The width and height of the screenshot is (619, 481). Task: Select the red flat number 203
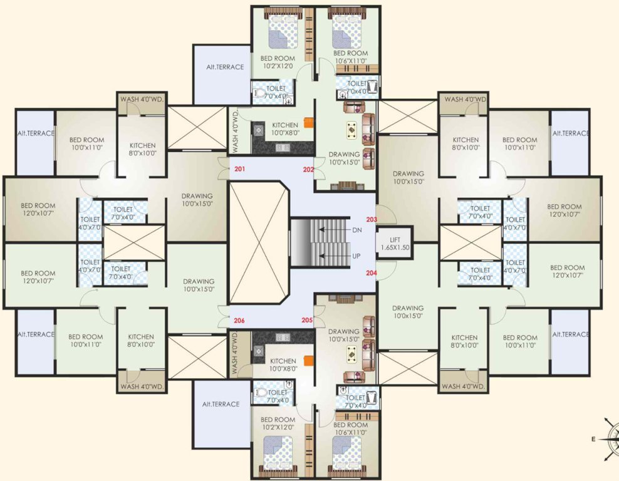(372, 220)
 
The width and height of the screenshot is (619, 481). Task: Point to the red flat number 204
(372, 272)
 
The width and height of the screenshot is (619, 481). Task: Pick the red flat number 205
(307, 320)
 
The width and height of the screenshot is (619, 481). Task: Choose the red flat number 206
(239, 321)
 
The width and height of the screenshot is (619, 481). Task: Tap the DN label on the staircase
(357, 230)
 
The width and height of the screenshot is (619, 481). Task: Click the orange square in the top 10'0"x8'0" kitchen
(308, 123)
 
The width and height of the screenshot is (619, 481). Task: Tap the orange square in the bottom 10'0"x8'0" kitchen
(308, 361)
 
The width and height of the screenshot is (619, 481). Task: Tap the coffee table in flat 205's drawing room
(352, 355)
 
